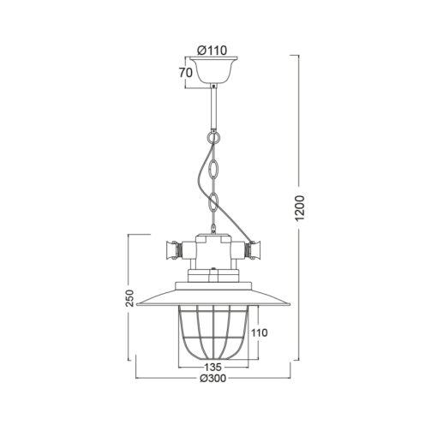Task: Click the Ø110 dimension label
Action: pos(213,51)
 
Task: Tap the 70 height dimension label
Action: pos(186,73)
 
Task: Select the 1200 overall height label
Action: pos(300,208)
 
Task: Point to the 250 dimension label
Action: pos(129,298)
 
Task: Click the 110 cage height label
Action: pos(260,332)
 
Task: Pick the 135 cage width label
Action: pos(213,367)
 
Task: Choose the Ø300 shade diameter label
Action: pos(213,378)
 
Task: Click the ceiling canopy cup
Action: pos(213,70)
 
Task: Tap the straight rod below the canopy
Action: pos(213,107)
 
